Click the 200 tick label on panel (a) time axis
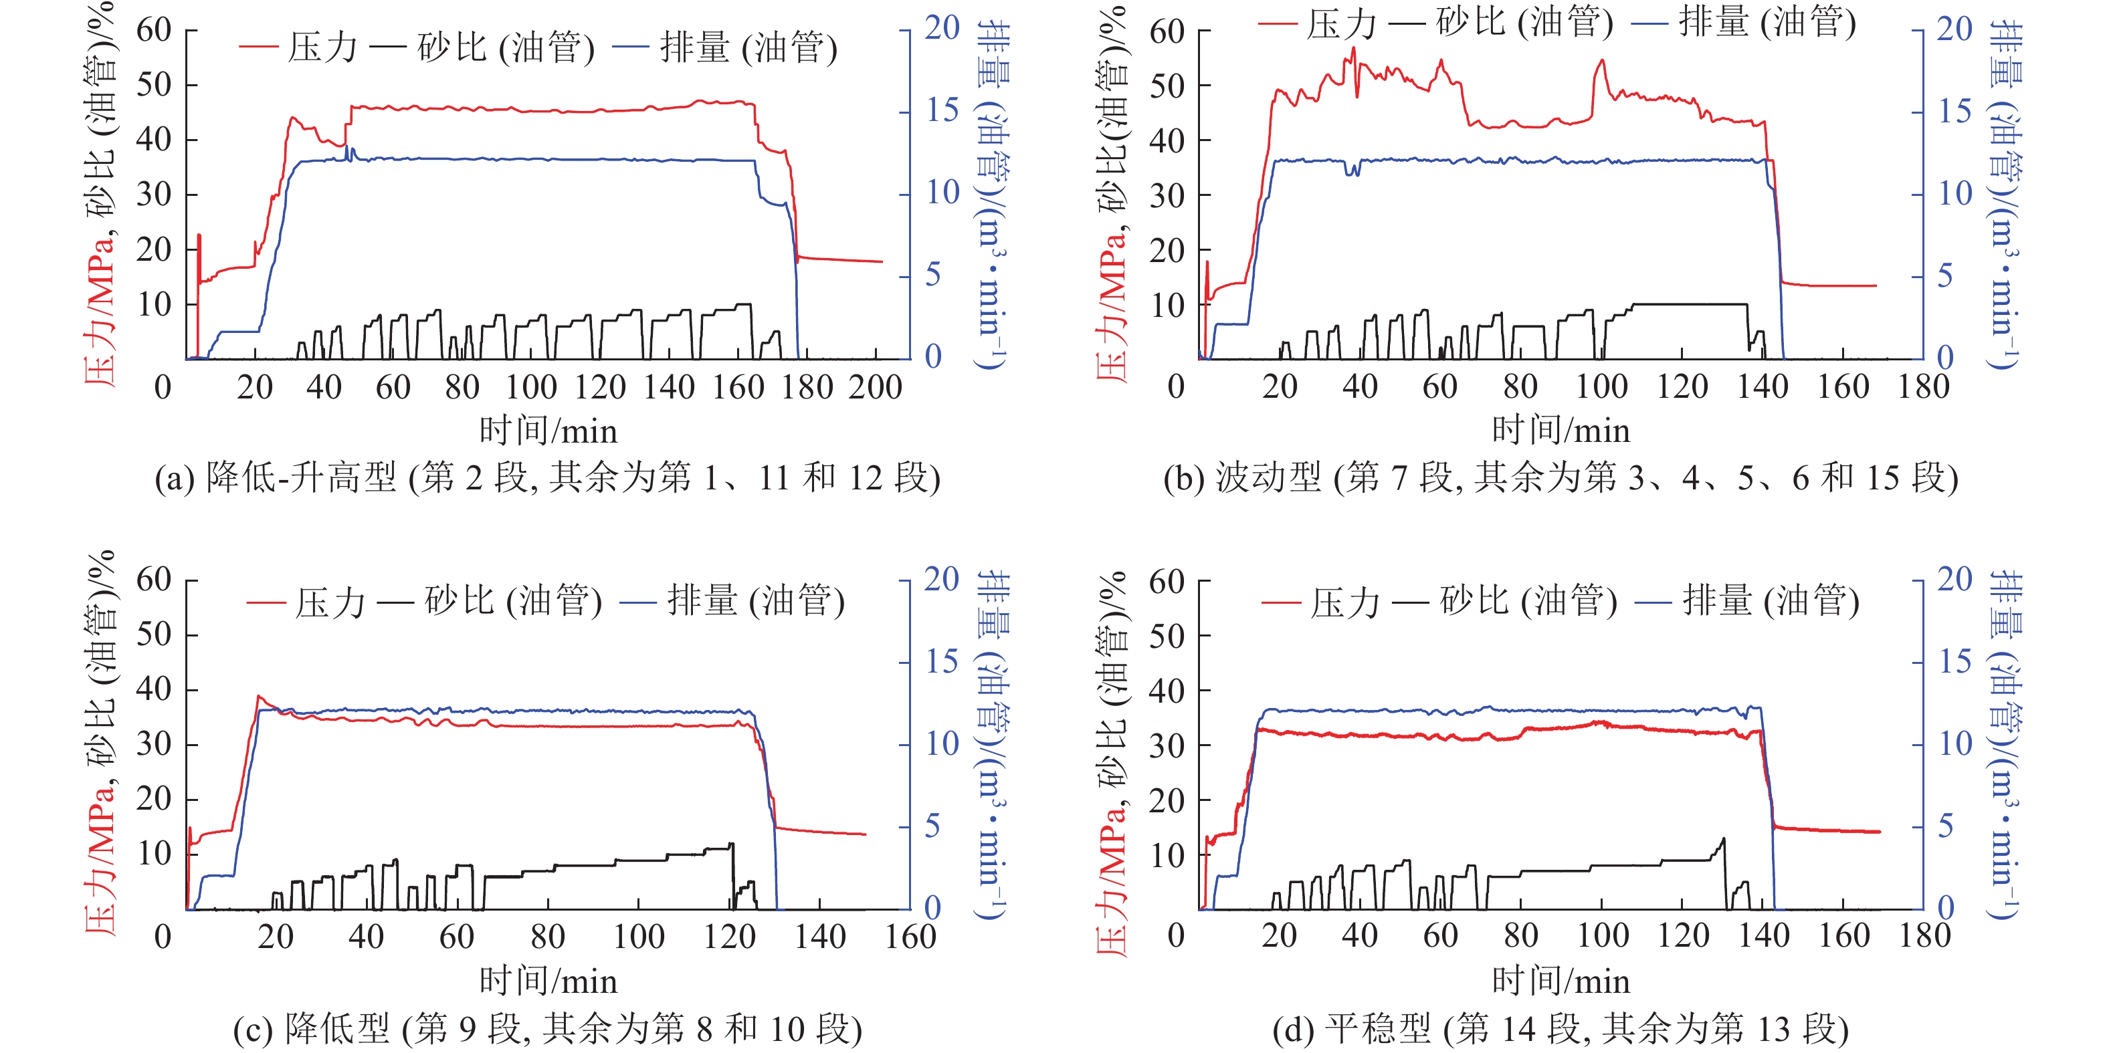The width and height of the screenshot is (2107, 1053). (875, 386)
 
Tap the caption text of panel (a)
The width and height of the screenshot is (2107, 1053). (547, 477)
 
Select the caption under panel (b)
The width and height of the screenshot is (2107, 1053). (1560, 477)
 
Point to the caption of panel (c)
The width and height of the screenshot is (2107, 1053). (547, 1028)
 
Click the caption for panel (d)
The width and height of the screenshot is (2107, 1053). (1560, 1028)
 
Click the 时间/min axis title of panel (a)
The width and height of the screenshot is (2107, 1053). (547, 431)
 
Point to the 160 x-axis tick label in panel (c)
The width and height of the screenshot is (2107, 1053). (910, 936)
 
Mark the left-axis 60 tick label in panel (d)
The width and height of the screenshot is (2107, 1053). (1167, 582)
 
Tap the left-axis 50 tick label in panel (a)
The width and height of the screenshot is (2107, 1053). (154, 84)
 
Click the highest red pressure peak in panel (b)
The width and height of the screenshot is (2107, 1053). (1354, 48)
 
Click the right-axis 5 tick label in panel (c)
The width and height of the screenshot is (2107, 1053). (933, 826)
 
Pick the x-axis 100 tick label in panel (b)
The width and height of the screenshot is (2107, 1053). (1601, 386)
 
